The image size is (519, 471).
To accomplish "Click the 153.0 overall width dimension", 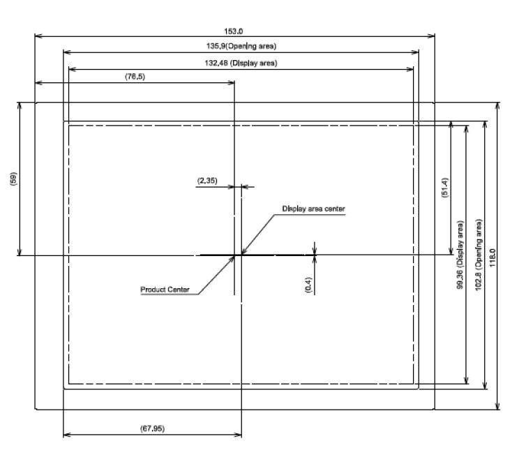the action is tap(234, 31).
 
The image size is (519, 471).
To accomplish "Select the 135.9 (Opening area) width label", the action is tap(241, 46).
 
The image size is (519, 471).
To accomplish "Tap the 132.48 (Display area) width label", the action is tap(241, 63).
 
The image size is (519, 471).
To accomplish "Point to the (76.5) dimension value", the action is tap(135, 77).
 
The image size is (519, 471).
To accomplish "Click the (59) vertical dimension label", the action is tap(13, 179).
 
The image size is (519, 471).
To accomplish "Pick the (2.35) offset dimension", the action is tap(208, 181).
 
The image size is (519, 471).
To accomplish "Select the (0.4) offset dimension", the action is tap(308, 285).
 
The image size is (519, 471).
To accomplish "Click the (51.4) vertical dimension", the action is tap(445, 188).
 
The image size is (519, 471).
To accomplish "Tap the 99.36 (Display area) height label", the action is tap(460, 255).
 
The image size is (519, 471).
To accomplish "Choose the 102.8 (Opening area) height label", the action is tap(479, 255).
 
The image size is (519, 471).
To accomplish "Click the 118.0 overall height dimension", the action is tap(493, 258).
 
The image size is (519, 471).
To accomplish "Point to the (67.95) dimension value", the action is tap(152, 428).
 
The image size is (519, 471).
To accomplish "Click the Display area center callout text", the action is tap(313, 209).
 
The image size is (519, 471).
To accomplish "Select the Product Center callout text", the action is tap(165, 290).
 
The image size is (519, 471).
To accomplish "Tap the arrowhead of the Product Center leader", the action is tap(232, 258).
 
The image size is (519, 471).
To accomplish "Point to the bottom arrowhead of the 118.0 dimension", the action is tap(497, 406).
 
